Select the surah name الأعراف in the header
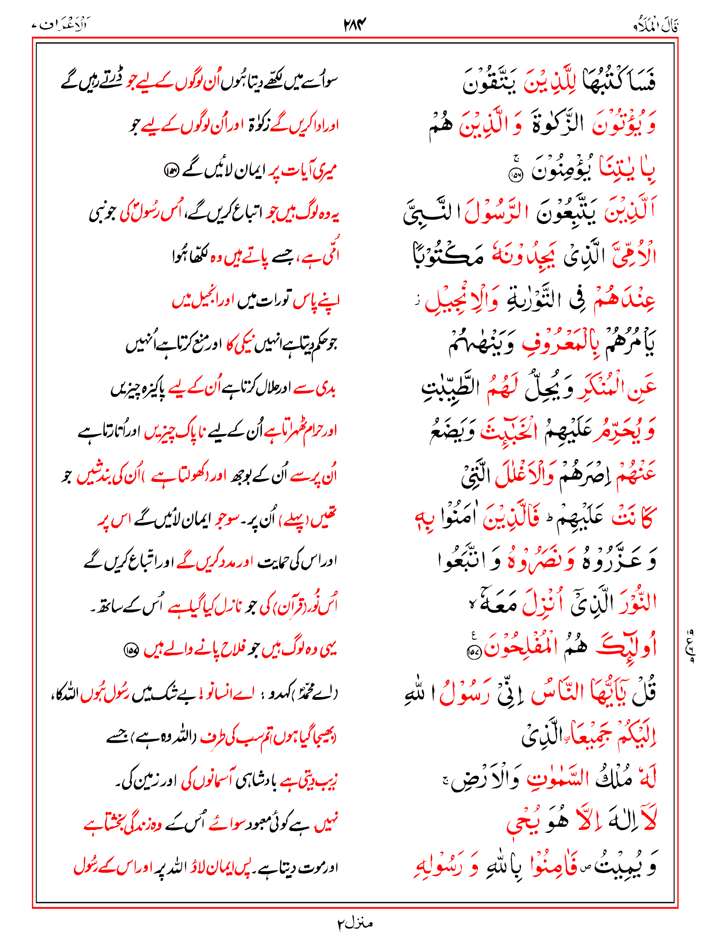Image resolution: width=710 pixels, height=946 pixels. coord(61,24)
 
